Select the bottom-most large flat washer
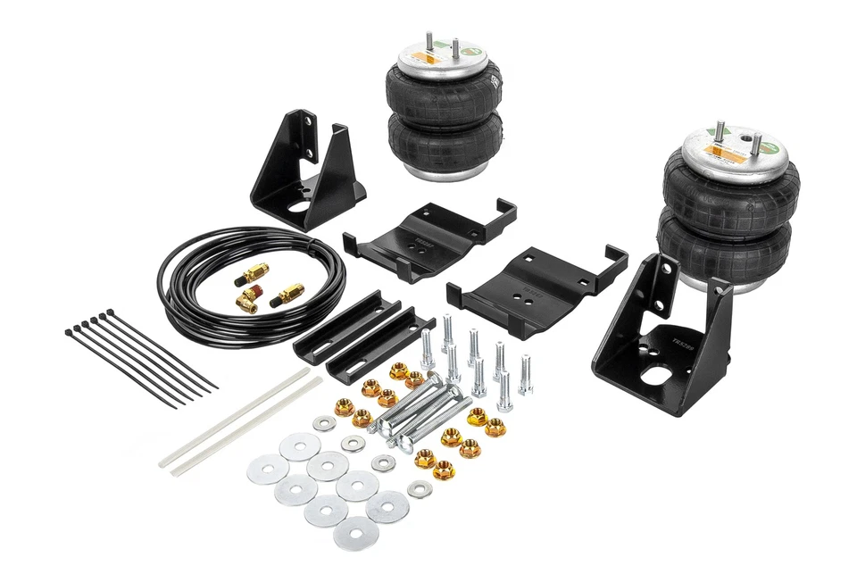click(x=355, y=533)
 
